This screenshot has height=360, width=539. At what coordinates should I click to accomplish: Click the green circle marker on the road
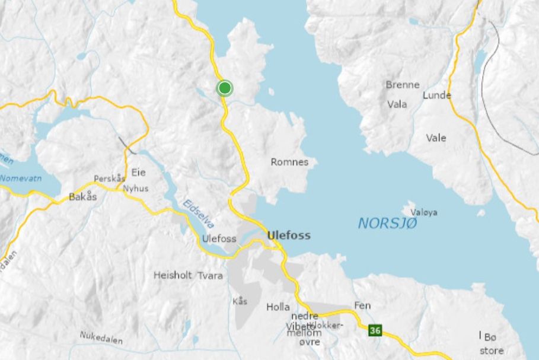point(224,88)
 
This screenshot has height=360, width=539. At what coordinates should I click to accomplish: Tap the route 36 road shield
point(374,330)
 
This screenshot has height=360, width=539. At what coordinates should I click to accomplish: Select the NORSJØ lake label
point(387,224)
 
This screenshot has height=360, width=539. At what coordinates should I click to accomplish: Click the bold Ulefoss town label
point(289,235)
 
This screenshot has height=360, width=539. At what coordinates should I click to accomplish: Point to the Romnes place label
point(289,162)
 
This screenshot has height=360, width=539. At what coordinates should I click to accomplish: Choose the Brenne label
point(403,85)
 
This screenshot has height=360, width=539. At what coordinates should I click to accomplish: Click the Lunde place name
point(437,95)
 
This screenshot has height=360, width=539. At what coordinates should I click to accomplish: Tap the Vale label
point(436,138)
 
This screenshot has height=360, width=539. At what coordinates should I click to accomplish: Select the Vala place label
point(397,104)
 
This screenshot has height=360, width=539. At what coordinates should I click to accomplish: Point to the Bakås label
point(82,197)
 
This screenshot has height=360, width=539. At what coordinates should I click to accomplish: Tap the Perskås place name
point(110,179)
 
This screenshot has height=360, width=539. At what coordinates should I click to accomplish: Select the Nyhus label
point(136,189)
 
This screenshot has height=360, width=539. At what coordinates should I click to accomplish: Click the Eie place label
point(138,173)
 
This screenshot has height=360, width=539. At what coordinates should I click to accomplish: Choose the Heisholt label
point(172,275)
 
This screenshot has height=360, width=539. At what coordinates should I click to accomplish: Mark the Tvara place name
point(210,275)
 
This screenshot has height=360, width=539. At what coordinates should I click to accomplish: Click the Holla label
point(278,307)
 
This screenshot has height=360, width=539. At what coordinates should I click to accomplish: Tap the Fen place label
point(362,305)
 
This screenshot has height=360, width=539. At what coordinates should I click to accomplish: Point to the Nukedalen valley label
point(101,338)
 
